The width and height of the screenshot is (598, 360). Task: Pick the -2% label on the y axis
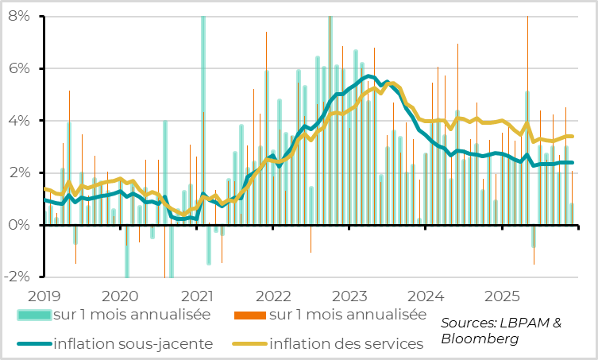point(15,277)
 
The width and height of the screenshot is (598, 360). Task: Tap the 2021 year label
point(199,296)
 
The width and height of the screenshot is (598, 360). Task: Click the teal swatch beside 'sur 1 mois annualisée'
point(34,315)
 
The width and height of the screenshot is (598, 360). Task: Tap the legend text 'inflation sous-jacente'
point(133,344)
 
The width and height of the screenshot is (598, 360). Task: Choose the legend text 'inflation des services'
point(345,344)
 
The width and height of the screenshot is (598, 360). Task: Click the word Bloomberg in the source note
point(480,339)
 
